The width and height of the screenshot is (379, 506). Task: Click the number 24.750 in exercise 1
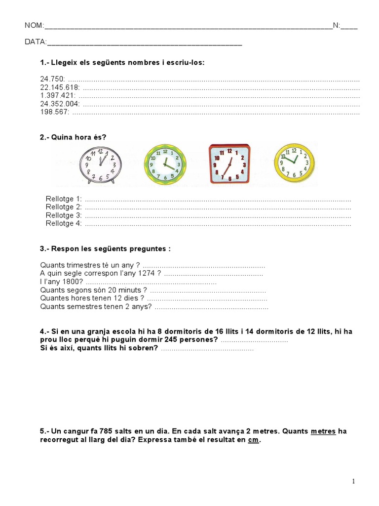pyautogui.click(x=52, y=79)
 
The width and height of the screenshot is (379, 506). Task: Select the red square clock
pyautogui.click(x=229, y=164)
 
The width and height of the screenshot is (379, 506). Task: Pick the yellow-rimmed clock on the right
pyautogui.click(x=294, y=162)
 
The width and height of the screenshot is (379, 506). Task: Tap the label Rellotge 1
pyautogui.click(x=63, y=199)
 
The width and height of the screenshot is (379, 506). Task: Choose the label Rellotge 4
pyautogui.click(x=63, y=224)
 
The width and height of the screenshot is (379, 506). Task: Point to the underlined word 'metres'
pyautogui.click(x=323, y=431)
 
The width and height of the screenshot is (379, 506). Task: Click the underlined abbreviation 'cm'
pyautogui.click(x=253, y=440)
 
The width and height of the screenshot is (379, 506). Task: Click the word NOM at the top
pyautogui.click(x=34, y=26)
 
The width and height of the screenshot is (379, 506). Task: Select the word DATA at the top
pyautogui.click(x=36, y=42)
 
